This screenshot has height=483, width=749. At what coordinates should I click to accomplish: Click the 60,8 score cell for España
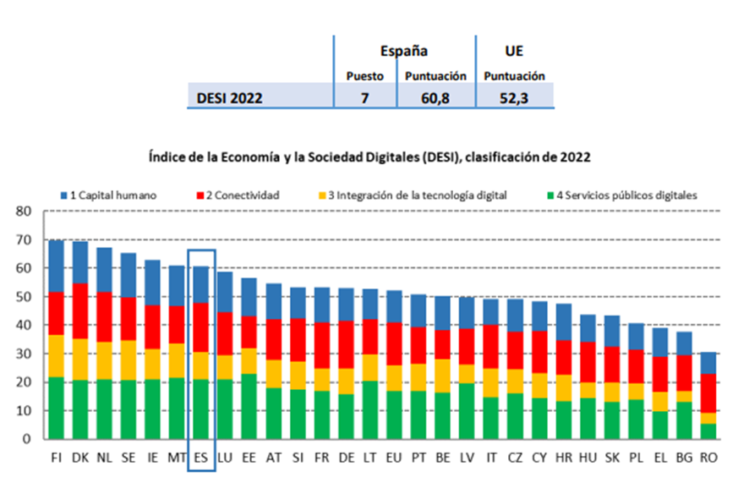coord(435,97)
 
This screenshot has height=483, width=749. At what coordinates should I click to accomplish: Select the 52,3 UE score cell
coord(514,97)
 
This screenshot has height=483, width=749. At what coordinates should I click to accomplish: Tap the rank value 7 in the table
coord(364,97)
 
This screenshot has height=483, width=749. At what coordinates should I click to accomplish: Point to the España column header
coord(405,51)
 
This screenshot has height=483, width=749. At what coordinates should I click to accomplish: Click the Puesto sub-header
coord(364,76)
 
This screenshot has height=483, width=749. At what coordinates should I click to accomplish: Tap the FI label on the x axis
coord(57,458)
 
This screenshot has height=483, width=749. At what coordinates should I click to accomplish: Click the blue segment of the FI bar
coord(57,266)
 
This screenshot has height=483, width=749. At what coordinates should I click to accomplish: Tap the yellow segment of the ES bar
coord(202,365)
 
